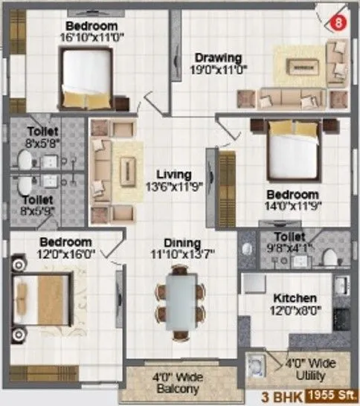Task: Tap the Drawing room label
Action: click(x=219, y=58)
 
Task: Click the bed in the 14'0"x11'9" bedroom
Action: click(x=294, y=151)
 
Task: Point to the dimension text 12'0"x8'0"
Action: click(x=295, y=309)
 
